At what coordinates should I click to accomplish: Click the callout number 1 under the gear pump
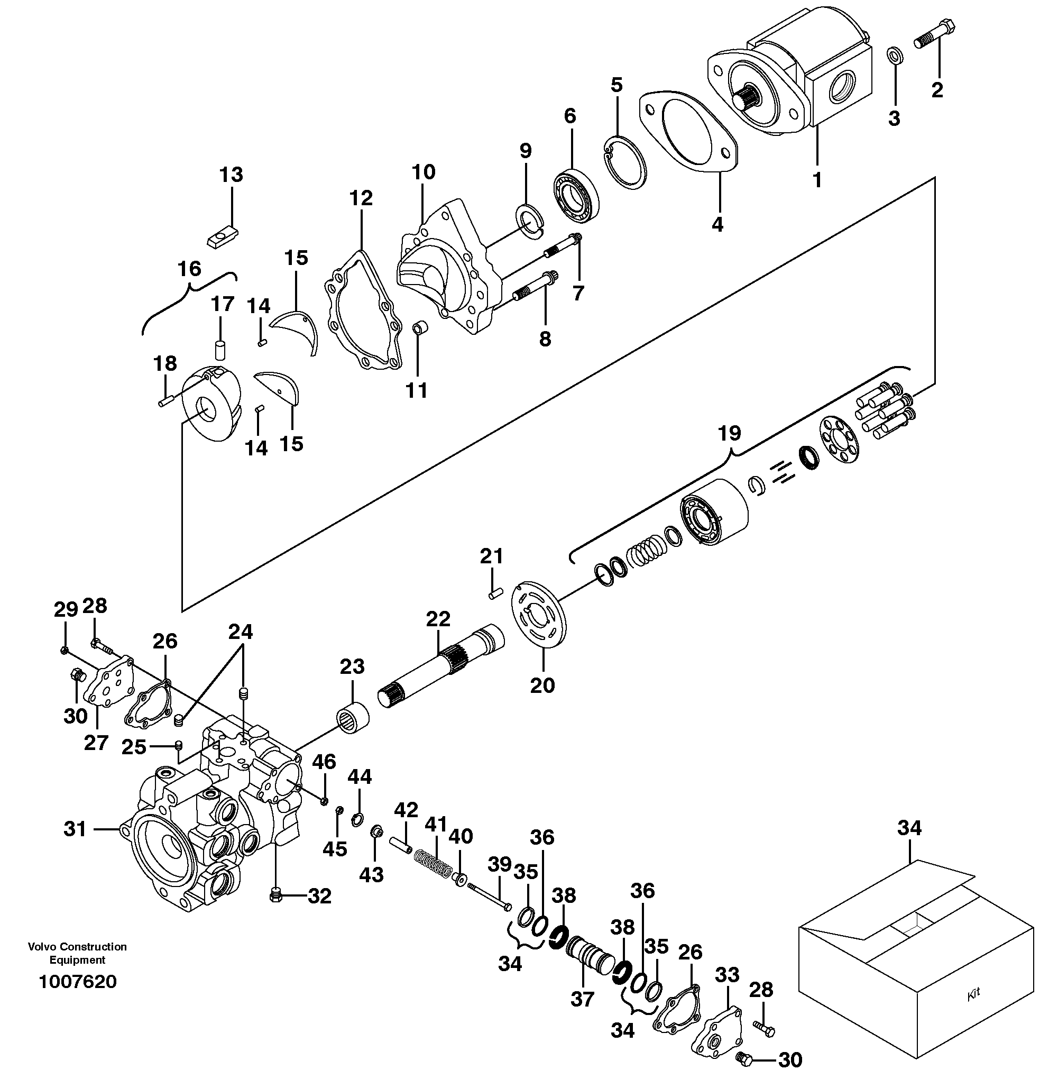pyautogui.click(x=817, y=180)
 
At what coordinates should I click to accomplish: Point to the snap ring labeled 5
pyautogui.click(x=624, y=162)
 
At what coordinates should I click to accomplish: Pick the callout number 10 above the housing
pyautogui.click(x=424, y=172)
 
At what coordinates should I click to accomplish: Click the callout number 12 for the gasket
pyautogui.click(x=361, y=197)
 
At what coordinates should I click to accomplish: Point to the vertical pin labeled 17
pyautogui.click(x=220, y=350)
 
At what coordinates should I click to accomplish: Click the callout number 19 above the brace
pyautogui.click(x=730, y=433)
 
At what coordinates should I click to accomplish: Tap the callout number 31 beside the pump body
pyautogui.click(x=75, y=829)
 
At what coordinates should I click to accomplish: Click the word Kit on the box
pyautogui.click(x=973, y=994)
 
